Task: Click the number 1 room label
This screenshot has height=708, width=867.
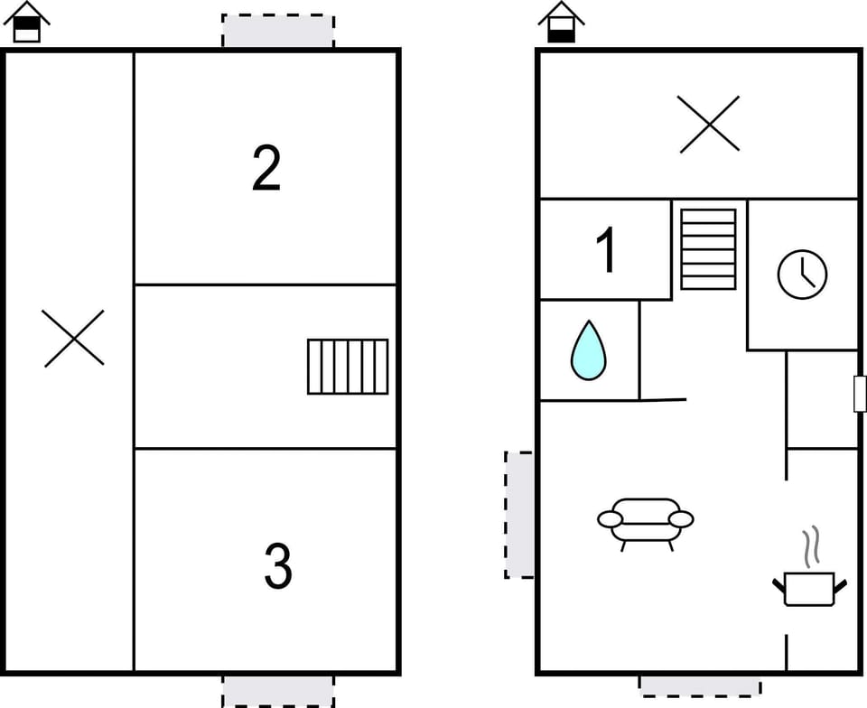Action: (608, 250)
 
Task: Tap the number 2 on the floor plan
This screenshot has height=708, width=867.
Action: (266, 168)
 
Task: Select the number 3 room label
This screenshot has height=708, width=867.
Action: (278, 566)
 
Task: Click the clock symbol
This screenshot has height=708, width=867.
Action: (802, 275)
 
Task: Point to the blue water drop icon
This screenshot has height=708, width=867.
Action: (588, 350)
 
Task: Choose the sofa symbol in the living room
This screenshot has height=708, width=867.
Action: (645, 520)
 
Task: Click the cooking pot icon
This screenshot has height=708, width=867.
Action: (809, 588)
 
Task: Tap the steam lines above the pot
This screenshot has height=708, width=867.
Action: (811, 545)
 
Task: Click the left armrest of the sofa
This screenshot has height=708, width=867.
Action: (611, 519)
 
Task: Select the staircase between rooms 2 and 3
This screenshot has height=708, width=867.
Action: (348, 367)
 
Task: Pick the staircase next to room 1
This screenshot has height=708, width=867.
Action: (708, 249)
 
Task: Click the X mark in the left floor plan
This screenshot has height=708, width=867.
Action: (73, 339)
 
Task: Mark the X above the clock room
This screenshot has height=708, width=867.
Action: (709, 124)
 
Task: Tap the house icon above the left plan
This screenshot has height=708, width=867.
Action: (27, 23)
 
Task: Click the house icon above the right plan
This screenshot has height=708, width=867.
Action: (561, 23)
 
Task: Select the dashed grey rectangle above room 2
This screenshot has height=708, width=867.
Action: (278, 32)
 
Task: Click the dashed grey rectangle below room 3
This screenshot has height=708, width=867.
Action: (278, 691)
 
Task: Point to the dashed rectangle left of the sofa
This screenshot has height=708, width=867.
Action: (519, 515)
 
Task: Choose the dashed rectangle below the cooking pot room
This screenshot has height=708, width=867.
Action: (700, 685)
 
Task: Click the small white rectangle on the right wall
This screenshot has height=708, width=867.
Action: (860, 394)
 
